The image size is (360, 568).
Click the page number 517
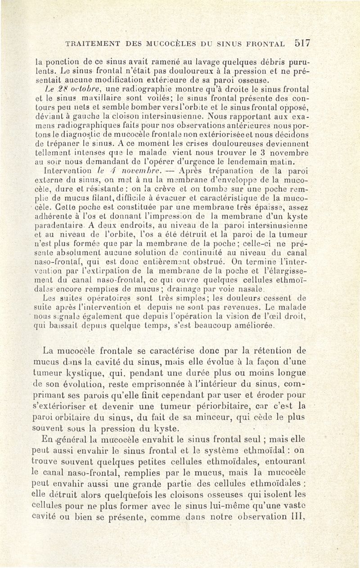[x=302, y=43]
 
